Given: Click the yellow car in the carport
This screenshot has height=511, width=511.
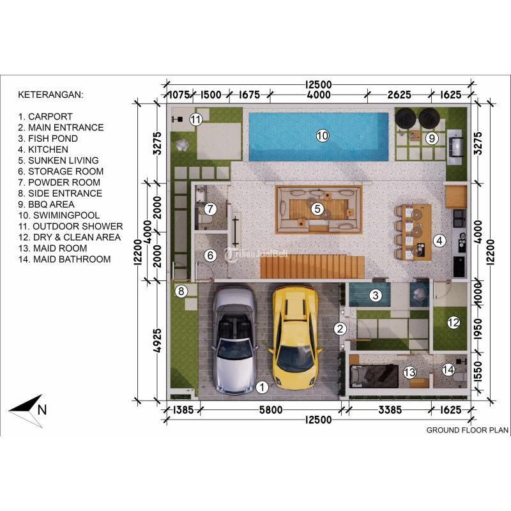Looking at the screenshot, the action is [x=295, y=337].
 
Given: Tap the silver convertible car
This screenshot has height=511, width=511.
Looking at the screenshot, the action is [x=234, y=340].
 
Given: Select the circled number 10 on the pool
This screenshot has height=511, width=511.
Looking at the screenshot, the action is [x=323, y=135].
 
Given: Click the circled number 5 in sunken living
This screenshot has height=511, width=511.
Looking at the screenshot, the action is [x=317, y=209].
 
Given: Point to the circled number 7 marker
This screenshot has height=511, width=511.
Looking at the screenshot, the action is [x=210, y=209].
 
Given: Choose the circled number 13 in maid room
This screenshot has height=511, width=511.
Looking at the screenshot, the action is [x=409, y=372].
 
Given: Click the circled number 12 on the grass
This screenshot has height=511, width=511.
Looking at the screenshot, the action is [x=454, y=323].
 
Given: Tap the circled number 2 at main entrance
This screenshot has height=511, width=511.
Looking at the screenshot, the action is [x=340, y=329].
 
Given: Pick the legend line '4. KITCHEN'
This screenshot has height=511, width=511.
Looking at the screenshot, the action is [x=43, y=149].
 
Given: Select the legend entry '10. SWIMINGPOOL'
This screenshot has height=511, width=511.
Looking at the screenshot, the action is [x=59, y=215].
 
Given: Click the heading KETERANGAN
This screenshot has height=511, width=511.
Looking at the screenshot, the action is [x=50, y=95].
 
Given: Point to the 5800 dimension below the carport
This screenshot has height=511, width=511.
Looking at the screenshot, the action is [x=270, y=409].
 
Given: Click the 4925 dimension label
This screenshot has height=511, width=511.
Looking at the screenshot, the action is [x=157, y=340].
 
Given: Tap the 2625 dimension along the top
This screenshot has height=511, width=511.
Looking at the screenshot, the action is [x=399, y=95].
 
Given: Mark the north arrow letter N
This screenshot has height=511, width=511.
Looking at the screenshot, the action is [x=42, y=409].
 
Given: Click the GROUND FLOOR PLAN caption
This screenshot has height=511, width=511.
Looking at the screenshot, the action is [x=468, y=430].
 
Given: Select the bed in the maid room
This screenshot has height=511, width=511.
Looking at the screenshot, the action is [x=374, y=376].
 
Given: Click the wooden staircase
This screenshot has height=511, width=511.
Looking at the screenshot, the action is [x=312, y=266].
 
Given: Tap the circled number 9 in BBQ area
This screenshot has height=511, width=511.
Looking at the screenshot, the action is [x=432, y=138].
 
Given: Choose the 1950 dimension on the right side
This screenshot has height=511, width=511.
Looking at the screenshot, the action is [x=478, y=329].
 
